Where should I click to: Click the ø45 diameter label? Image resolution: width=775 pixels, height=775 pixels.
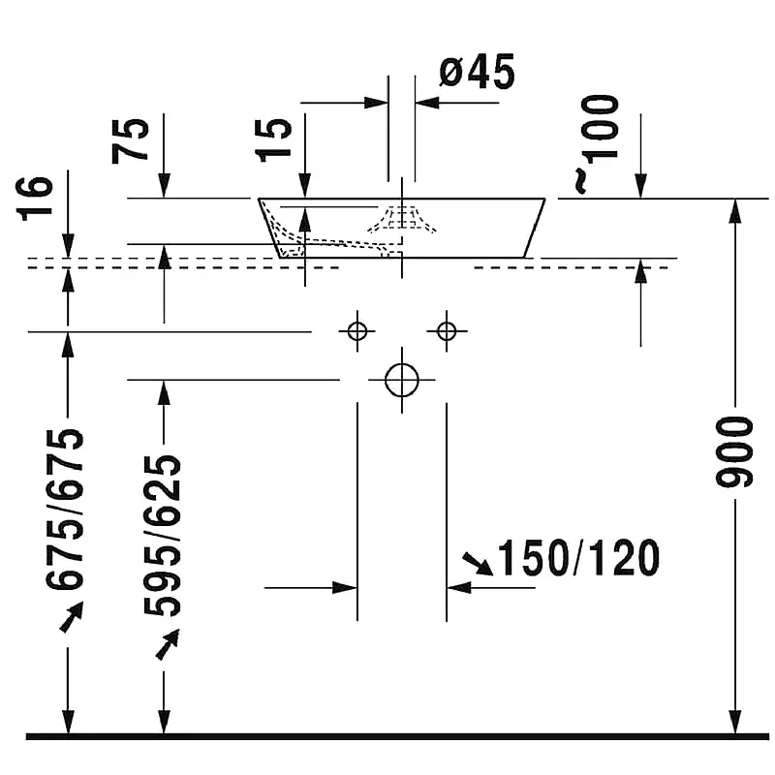(477, 72)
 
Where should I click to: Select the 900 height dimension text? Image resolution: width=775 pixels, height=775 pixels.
(734, 452)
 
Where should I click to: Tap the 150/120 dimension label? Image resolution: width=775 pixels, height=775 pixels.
(578, 558)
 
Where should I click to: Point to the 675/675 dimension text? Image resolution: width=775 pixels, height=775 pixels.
(65, 511)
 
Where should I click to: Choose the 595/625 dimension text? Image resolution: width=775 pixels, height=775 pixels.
(163, 536)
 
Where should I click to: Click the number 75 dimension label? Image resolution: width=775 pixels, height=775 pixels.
(131, 140)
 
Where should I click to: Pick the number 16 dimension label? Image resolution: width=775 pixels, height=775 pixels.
(35, 198)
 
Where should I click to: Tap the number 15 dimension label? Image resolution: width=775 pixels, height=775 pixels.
(273, 139)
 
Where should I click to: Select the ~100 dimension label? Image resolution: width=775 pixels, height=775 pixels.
(598, 143)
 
